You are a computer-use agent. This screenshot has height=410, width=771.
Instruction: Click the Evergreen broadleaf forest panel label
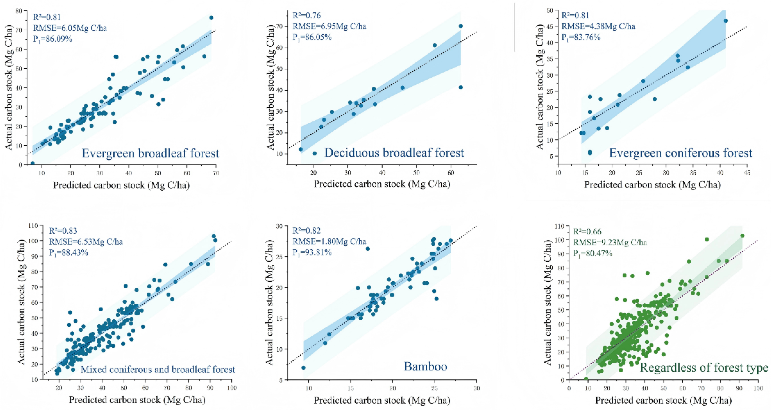(150, 153)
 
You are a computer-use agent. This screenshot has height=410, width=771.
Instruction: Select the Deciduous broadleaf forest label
(394, 153)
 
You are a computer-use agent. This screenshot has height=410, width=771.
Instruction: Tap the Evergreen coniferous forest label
(681, 153)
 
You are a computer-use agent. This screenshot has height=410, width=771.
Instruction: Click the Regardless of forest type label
(704, 367)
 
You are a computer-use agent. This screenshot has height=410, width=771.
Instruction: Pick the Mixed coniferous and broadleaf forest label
(158, 369)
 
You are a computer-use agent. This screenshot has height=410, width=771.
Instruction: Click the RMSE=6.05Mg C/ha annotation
(70, 28)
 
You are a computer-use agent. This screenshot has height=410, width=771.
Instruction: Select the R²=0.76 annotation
(307, 15)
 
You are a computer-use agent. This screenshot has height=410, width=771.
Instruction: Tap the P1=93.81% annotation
(312, 253)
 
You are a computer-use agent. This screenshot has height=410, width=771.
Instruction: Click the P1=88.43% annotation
(69, 253)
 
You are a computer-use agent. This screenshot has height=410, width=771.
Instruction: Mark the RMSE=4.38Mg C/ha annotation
(598, 26)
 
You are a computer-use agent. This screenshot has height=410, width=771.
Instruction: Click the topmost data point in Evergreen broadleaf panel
(211, 18)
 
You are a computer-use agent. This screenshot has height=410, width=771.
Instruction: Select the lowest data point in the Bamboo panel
(303, 368)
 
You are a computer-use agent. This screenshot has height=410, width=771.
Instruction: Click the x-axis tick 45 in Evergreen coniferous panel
(747, 173)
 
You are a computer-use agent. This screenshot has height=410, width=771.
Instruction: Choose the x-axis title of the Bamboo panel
(382, 400)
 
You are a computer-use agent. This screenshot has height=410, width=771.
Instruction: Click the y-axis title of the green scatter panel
(547, 303)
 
